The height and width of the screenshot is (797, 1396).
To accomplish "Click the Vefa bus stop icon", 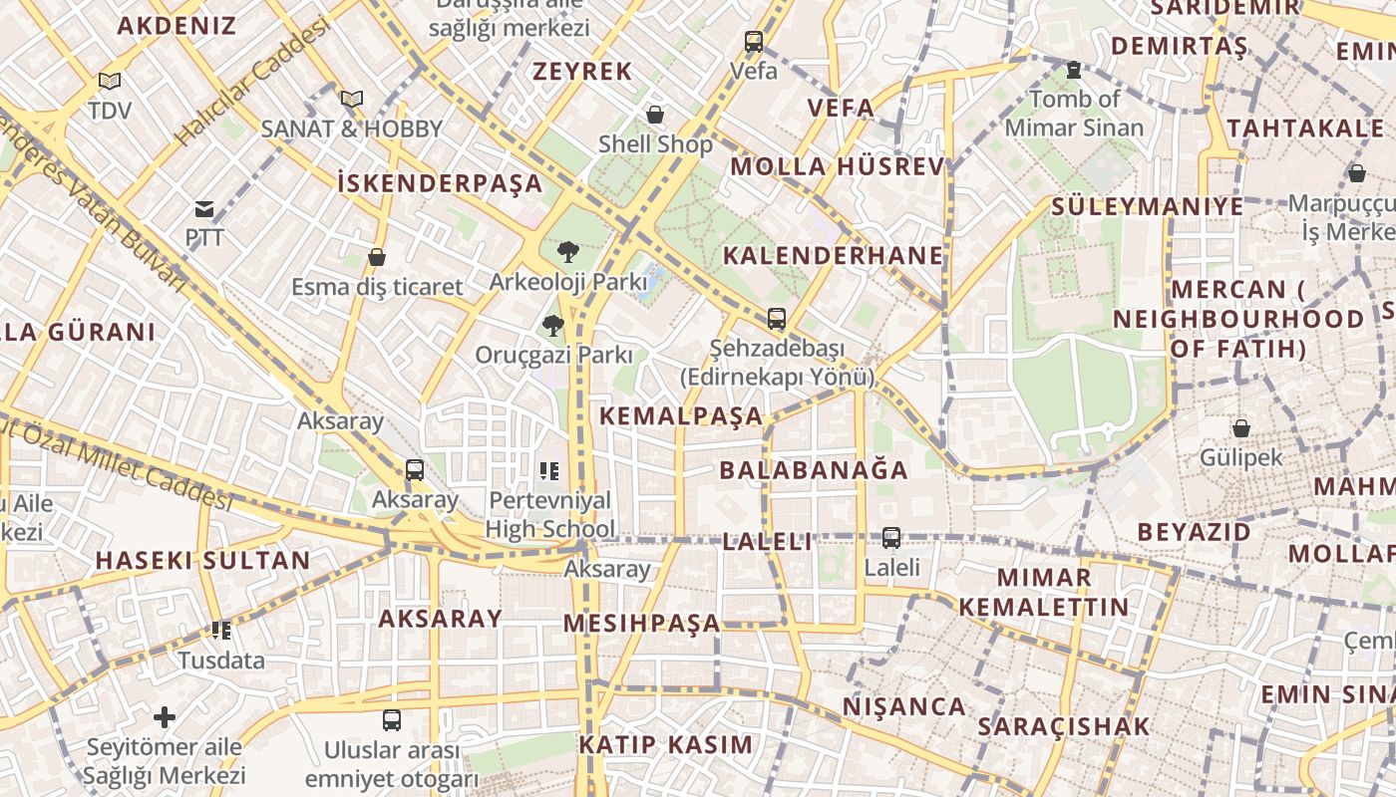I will coord(754,42).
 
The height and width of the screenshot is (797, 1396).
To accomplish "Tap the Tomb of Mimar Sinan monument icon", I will coord(1074,70).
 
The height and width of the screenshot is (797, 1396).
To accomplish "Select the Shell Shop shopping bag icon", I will coord(655,116).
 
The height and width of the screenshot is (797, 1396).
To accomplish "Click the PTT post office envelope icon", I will coord(204,209).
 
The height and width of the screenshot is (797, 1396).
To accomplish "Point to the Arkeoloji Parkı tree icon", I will coord(567,251).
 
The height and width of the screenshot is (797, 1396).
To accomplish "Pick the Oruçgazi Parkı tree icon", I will coord(552,325).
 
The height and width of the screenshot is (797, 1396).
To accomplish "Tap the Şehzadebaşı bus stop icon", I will coord(777,319).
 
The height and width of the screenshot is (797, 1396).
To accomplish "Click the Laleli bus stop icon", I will coord(891,538).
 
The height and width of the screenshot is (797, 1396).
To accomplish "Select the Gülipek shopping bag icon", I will coord(1241,428).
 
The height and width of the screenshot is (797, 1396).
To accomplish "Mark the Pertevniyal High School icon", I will coord(549,470).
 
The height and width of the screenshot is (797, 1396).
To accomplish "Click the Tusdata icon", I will coord(221,630).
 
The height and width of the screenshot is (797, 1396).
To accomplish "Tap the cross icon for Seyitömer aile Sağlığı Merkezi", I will coord(165,716).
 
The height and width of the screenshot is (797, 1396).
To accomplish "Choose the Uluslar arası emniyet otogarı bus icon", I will coord(392,719).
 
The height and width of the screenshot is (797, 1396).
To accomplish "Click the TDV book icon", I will coord(110,81).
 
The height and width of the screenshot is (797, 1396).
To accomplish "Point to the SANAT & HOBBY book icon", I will coord(351,99).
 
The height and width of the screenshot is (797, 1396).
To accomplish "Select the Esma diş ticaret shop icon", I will coord(377,257).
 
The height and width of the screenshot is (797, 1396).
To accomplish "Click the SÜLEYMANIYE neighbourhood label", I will coord(1147,206).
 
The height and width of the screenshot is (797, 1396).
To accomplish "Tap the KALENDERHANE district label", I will coord(833,255).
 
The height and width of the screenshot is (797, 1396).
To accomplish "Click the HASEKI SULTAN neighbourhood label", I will coord(202,560).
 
